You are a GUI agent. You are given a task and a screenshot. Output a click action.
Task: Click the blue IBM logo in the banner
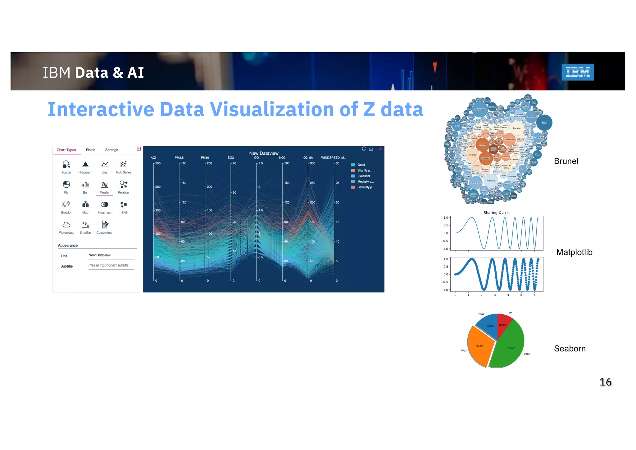point(577,72)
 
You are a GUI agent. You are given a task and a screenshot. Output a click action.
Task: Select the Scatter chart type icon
point(66,164)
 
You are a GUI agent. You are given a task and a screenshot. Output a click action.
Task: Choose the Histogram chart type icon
point(85,164)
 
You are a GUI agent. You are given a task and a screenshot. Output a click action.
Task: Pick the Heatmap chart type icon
point(104,204)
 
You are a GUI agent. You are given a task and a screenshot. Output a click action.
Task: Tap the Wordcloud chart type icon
point(66,225)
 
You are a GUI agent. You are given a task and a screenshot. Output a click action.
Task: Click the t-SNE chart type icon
point(124,204)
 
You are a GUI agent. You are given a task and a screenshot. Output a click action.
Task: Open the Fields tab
point(91,150)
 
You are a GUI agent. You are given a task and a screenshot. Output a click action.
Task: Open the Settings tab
point(111,150)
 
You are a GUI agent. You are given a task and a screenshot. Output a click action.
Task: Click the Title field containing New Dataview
point(111,255)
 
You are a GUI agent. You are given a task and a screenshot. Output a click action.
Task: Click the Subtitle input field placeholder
point(111,265)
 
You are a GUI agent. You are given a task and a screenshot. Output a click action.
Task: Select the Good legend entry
point(361,165)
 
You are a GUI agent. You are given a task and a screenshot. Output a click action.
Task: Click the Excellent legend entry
point(363,176)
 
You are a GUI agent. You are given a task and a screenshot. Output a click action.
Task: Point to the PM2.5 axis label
point(179,158)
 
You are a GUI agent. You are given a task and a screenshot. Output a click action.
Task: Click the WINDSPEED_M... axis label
point(334,158)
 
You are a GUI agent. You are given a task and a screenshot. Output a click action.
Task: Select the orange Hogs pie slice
point(479,345)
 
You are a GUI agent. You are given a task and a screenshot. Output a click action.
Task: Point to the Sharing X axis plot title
point(496,213)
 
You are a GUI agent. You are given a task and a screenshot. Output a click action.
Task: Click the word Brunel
point(566,161)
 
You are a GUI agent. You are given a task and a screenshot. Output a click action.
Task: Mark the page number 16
point(605,382)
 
